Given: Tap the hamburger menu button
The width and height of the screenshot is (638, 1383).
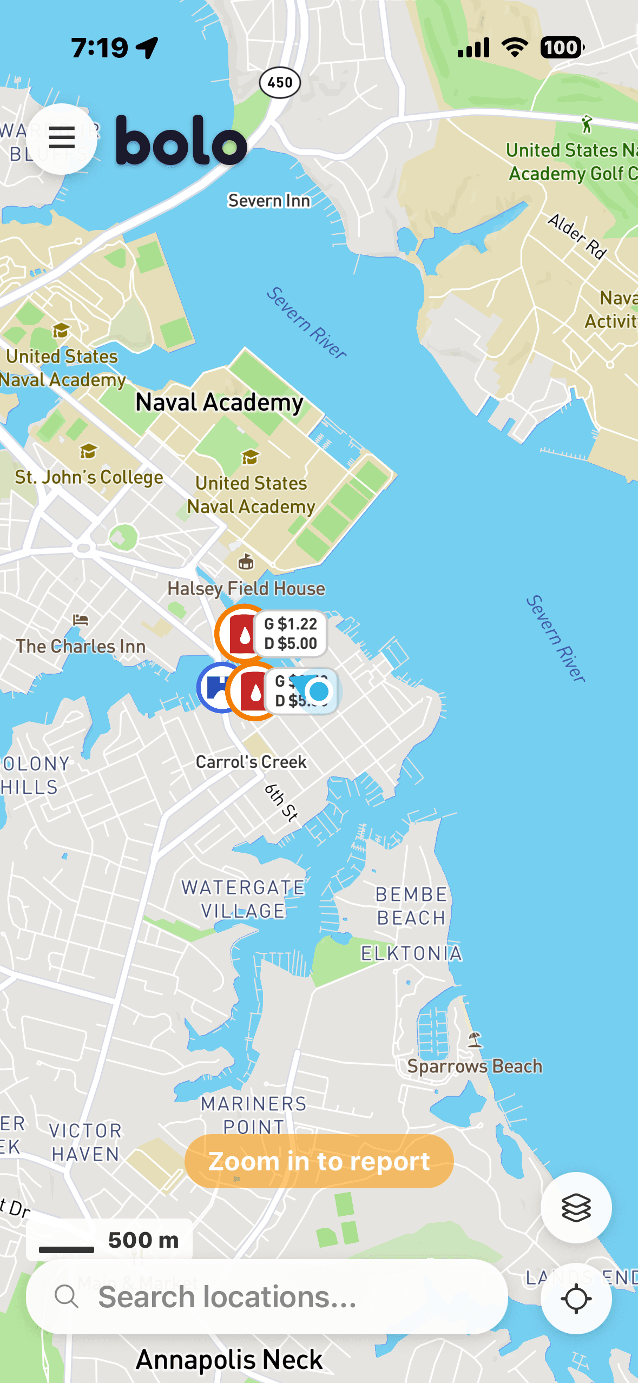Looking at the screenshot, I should click(62, 139).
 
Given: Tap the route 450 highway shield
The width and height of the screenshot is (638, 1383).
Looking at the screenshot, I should click(280, 83).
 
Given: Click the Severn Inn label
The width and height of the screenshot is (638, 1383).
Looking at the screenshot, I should click(269, 201).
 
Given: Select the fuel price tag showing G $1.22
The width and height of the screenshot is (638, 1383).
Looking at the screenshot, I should click(291, 634).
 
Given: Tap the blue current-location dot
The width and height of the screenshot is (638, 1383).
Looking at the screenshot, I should click(319, 691).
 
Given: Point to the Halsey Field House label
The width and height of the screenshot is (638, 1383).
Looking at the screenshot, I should click(246, 588).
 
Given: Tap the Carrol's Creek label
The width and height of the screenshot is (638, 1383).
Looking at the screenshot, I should click(251, 762).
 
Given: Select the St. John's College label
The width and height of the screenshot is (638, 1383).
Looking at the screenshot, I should click(89, 477).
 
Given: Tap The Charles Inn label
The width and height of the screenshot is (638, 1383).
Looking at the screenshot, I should click(81, 646).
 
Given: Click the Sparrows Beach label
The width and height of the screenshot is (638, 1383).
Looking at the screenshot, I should click(475, 1066).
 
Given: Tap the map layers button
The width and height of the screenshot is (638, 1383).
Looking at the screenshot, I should click(576, 1208).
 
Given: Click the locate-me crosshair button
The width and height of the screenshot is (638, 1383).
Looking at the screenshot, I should click(576, 1299).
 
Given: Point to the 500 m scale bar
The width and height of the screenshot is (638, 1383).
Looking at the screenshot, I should click(109, 1240).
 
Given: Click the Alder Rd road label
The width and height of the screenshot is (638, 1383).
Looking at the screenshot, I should click(577, 236).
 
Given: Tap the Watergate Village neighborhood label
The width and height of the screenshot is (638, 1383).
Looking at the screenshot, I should click(243, 899).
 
